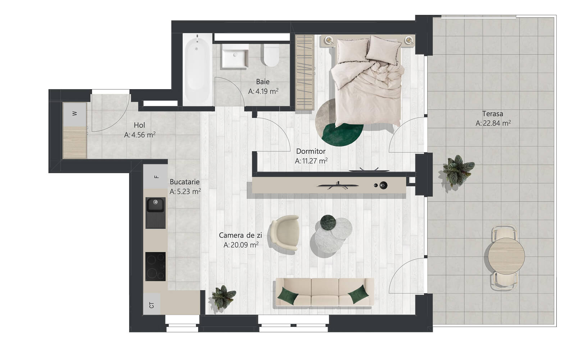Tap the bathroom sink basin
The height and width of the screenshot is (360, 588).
pos(235,56)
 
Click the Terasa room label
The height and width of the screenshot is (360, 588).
pos(492,114)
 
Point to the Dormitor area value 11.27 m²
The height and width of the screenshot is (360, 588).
pos(311,161)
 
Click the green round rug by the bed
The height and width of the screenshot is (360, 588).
pos(342,134)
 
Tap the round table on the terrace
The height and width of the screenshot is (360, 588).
pos(506,256)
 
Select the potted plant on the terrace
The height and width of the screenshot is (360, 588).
pos(458,170)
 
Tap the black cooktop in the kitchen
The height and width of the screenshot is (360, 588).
pos(155,266)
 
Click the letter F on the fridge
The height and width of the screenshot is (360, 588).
pos(157,177)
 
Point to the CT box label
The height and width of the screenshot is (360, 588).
pos(151,305)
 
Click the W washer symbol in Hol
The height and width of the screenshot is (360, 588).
pos(75,114)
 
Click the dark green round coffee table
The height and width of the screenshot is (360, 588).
pos(328,223)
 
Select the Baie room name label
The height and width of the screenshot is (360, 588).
pos(263,82)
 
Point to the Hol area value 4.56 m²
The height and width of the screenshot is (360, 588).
pos(140,135)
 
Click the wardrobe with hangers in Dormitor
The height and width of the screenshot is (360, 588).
pos(305,72)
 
